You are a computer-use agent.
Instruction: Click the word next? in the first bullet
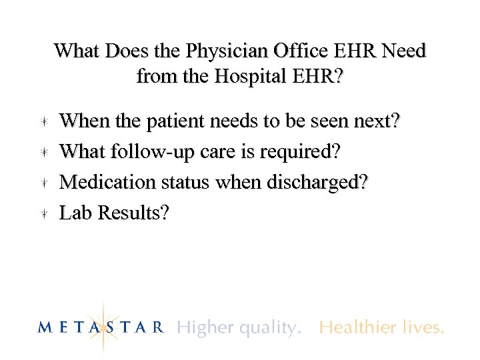pyautogui.click(x=374, y=121)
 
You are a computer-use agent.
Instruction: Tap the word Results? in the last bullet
pyautogui.click(x=133, y=213)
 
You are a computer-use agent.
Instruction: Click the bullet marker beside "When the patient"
pyautogui.click(x=43, y=122)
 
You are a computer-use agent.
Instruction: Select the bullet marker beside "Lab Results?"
pyautogui.click(x=43, y=213)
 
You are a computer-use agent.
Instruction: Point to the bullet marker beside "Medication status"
pyautogui.click(x=43, y=183)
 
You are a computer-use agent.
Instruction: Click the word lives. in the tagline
pyautogui.click(x=423, y=327)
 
